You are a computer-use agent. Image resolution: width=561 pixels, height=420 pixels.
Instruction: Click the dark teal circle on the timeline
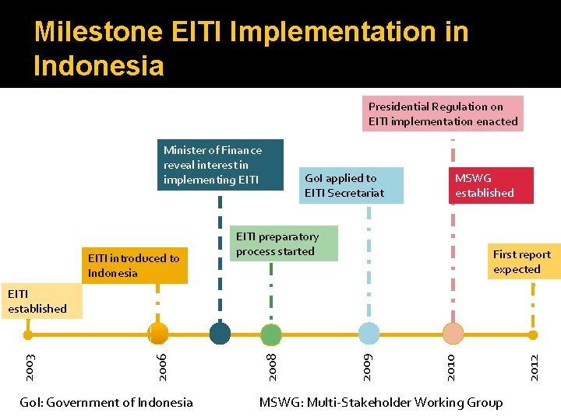pyautogui.click(x=221, y=333)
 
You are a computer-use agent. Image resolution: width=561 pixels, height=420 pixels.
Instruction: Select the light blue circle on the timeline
pyautogui.click(x=369, y=334)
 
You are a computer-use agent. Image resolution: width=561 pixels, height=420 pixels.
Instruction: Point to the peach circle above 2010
pyautogui.click(x=453, y=334)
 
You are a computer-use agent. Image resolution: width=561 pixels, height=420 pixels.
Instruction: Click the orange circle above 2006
pyautogui.click(x=159, y=334)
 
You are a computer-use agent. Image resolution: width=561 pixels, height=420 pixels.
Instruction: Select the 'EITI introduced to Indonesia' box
pyautogui.click(x=134, y=265)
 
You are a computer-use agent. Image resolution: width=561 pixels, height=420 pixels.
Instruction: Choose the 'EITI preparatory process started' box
pyautogui.click(x=286, y=243)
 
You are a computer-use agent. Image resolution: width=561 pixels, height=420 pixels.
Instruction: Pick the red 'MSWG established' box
pyautogui.click(x=491, y=185)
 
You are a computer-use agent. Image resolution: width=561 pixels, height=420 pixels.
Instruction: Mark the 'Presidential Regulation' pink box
pyautogui.click(x=444, y=114)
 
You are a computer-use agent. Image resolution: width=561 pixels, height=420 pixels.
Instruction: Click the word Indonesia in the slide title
pyautogui.click(x=99, y=65)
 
